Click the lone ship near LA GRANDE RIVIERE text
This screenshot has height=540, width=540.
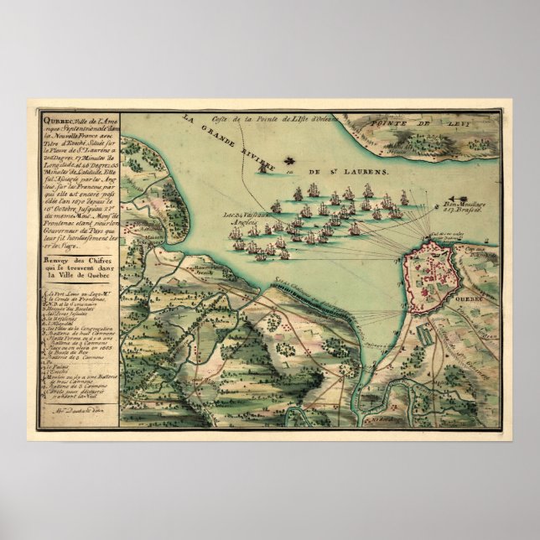267,169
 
